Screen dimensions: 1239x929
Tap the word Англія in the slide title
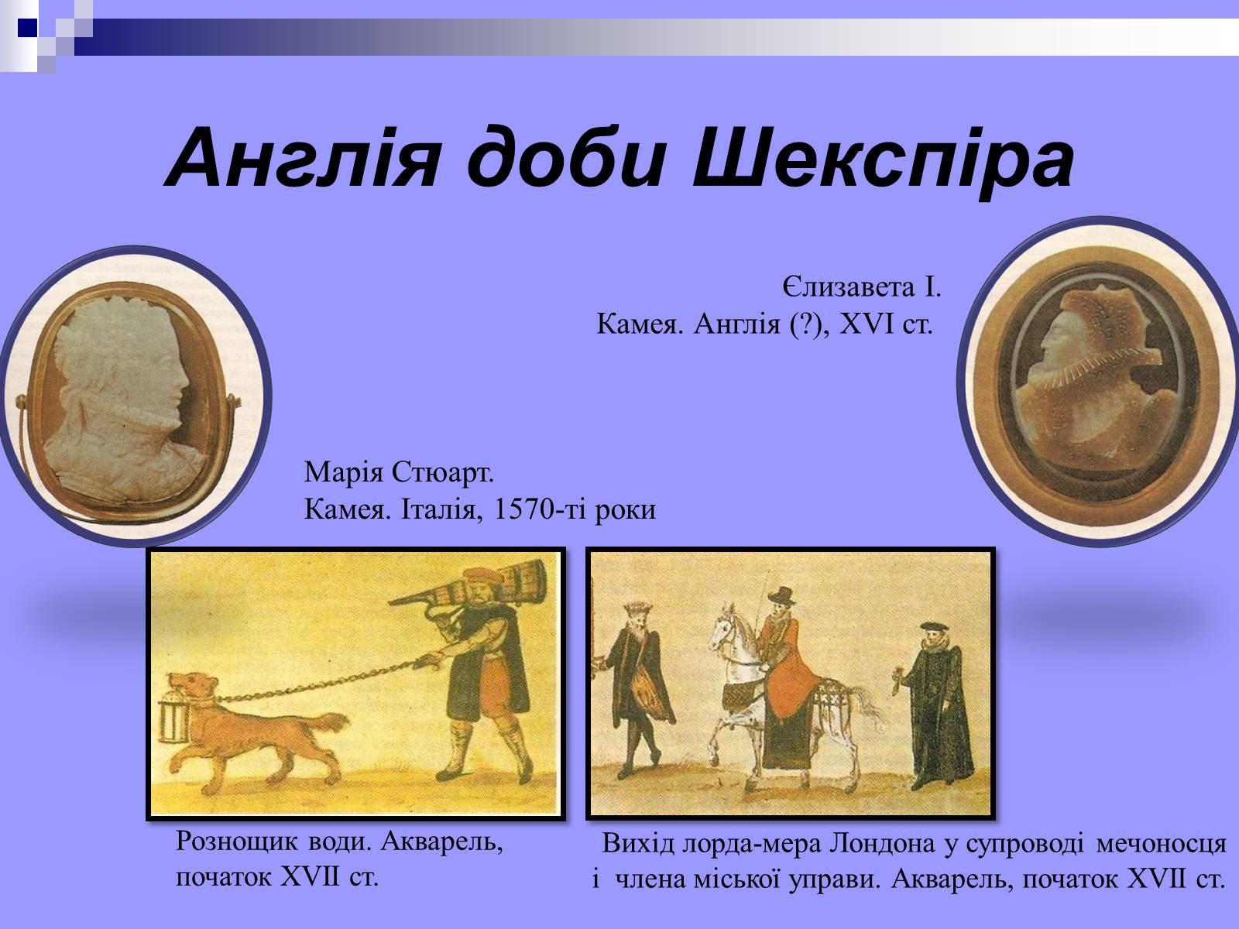tap(303, 158)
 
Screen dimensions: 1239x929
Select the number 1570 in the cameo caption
tap(523, 509)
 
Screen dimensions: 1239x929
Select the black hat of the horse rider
tap(782, 595)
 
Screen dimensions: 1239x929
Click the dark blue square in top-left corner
tap(28, 28)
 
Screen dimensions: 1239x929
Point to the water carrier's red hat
tap(482, 575)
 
